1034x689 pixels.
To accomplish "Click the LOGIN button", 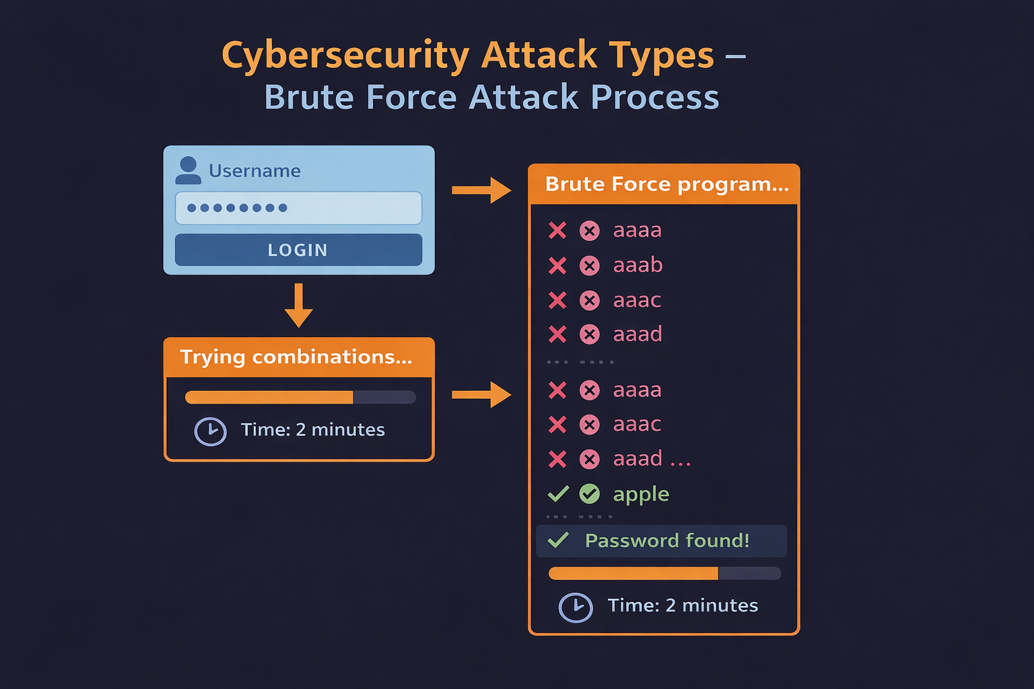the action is pos(298,250).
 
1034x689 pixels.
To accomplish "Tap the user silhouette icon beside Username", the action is pos(188,170).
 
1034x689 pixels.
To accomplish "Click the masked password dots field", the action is pos(298,208).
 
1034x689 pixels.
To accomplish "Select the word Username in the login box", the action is pos(255,171).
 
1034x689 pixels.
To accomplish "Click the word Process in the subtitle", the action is pos(655,97).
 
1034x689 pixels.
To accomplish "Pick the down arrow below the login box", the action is pos(299,305).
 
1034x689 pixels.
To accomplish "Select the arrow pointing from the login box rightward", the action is pos(481,190).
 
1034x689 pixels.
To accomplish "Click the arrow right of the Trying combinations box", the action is pos(481,394).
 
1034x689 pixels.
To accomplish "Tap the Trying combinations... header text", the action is pos(296,357).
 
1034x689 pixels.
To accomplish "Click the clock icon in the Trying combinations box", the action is pos(211,431).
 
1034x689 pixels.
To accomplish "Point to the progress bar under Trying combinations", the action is pos(300,397).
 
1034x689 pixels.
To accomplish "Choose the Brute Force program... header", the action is pos(667,184).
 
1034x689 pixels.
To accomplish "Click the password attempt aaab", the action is pos(638,265).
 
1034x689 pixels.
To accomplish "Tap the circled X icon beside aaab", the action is pos(590,266).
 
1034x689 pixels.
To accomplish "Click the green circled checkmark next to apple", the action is pos(590,494).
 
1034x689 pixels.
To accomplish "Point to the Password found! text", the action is pos(667,540).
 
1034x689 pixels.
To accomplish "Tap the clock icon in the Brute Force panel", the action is pos(576,608).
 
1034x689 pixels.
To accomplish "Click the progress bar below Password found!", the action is pos(664,573).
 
